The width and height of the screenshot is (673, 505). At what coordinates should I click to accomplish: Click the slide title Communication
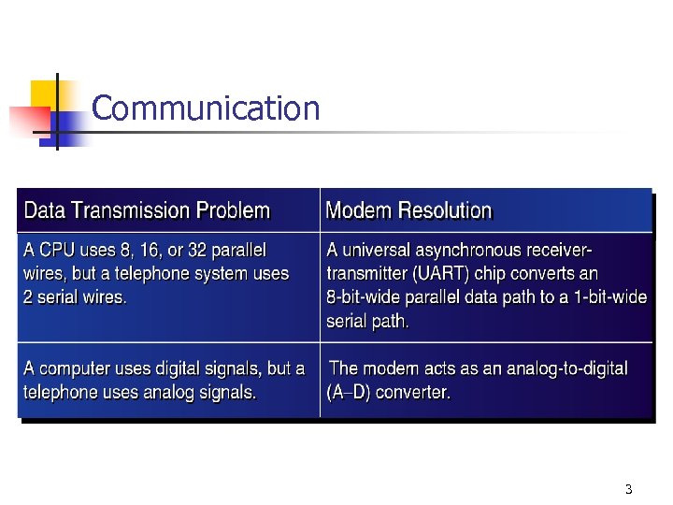pos(206,108)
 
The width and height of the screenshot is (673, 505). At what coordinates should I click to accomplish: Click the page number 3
pos(628,489)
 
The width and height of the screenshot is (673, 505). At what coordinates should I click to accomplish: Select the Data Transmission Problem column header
pos(147,210)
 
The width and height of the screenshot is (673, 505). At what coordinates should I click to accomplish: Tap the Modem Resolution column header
pos(408,210)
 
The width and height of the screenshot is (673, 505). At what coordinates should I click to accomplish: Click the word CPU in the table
pos(57,251)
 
